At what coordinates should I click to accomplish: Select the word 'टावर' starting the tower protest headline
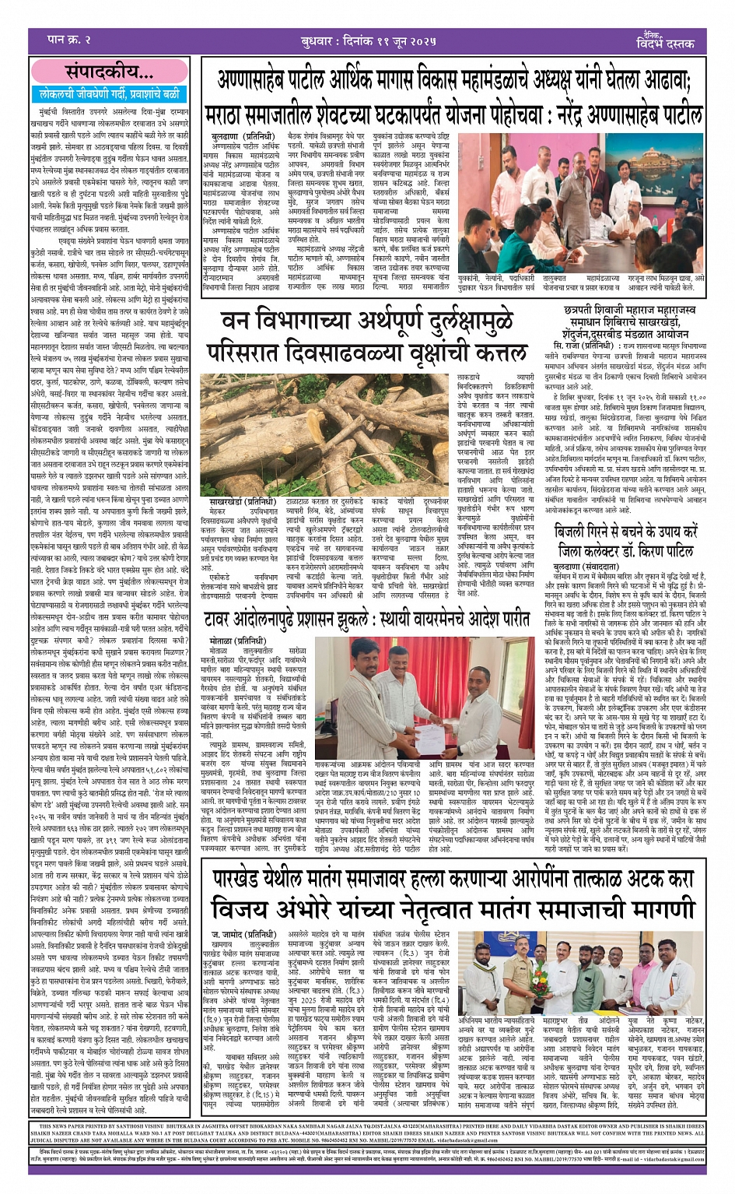pyautogui.click(x=226, y=620)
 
